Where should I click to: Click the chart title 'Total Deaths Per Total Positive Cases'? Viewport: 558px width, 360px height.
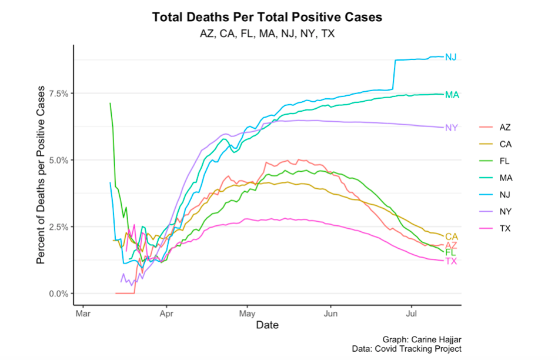(x=267, y=18)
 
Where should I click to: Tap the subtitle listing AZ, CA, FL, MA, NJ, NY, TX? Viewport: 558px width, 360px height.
(x=267, y=34)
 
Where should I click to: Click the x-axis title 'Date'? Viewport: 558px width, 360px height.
(x=267, y=325)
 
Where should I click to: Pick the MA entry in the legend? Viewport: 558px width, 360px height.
(x=504, y=178)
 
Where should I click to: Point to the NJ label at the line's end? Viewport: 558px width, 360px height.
(x=451, y=57)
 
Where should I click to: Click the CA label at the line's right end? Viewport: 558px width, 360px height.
(x=452, y=236)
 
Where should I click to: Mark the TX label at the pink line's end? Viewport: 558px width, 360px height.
(x=451, y=261)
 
